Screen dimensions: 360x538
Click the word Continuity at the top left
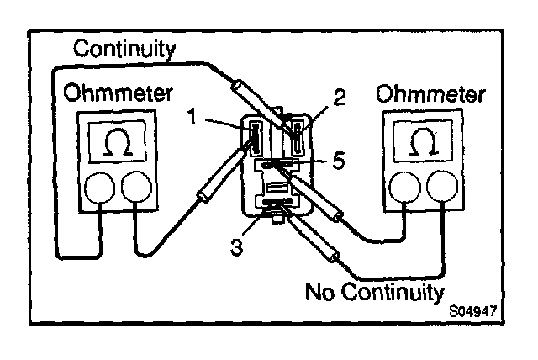click(124, 50)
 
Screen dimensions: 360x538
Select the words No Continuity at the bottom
click(374, 293)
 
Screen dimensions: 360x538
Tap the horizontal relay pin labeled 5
click(277, 166)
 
